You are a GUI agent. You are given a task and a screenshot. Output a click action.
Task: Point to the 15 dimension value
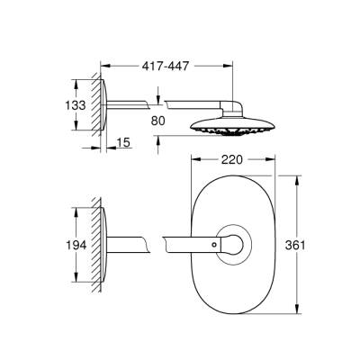tap(123, 142)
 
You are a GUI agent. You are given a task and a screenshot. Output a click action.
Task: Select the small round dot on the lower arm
tap(215, 243)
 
